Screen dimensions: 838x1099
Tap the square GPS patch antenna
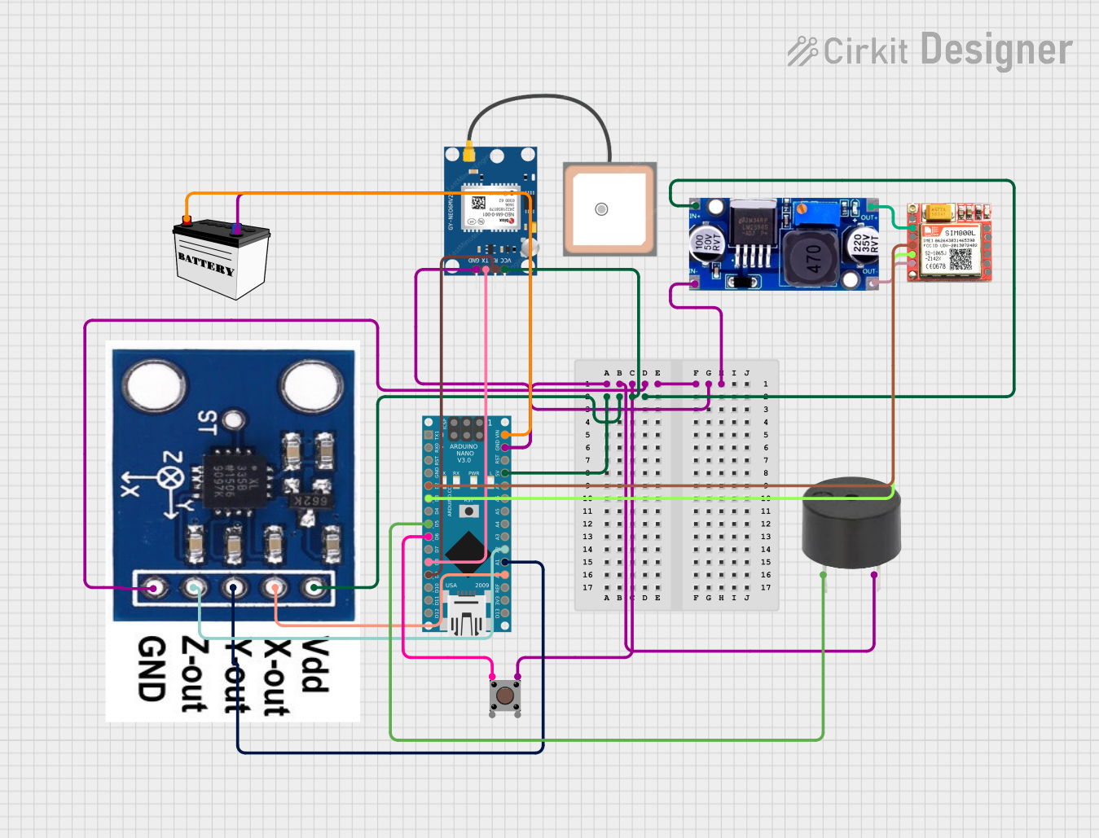coord(609,209)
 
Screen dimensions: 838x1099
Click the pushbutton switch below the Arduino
coord(505,695)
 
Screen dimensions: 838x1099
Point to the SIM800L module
coord(950,243)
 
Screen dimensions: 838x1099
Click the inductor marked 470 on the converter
coord(813,258)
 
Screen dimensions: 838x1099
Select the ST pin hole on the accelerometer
coord(235,420)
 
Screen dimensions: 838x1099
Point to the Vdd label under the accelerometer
coord(315,665)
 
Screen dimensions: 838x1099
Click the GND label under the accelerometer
coord(152,669)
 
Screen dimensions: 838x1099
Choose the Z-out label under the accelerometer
coord(194,674)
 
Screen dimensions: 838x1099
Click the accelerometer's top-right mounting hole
coord(310,386)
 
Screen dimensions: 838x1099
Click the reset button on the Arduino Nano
coord(468,511)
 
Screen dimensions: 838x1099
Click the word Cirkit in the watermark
coord(865,51)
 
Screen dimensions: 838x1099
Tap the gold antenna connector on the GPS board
coord(469,153)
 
